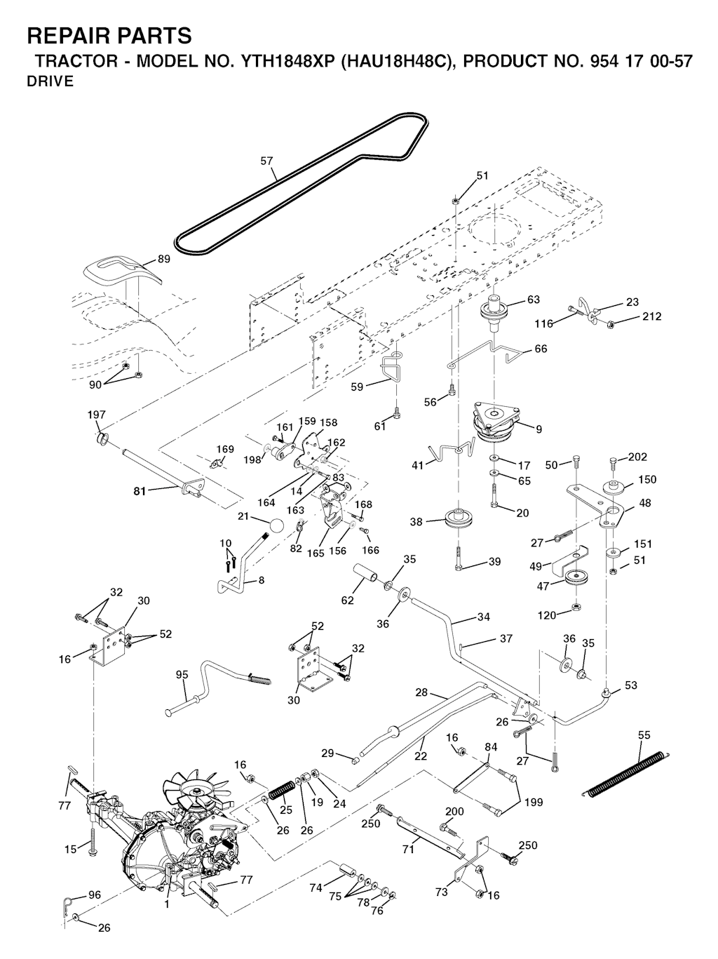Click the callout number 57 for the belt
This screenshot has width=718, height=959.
(x=266, y=161)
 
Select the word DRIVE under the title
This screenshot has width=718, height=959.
(x=50, y=81)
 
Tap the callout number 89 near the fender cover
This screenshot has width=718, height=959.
(x=163, y=259)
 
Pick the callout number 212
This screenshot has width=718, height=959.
(x=651, y=316)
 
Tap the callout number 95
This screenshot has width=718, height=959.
(x=182, y=675)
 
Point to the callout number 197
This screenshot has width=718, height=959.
(x=97, y=415)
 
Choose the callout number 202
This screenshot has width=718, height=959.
(x=637, y=457)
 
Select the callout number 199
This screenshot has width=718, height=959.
(x=533, y=802)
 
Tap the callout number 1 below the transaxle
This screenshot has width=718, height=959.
(x=167, y=904)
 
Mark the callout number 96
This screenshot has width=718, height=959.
(x=94, y=895)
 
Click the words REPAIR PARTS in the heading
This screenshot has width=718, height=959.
(x=109, y=35)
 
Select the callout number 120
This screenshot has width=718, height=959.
(x=546, y=615)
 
